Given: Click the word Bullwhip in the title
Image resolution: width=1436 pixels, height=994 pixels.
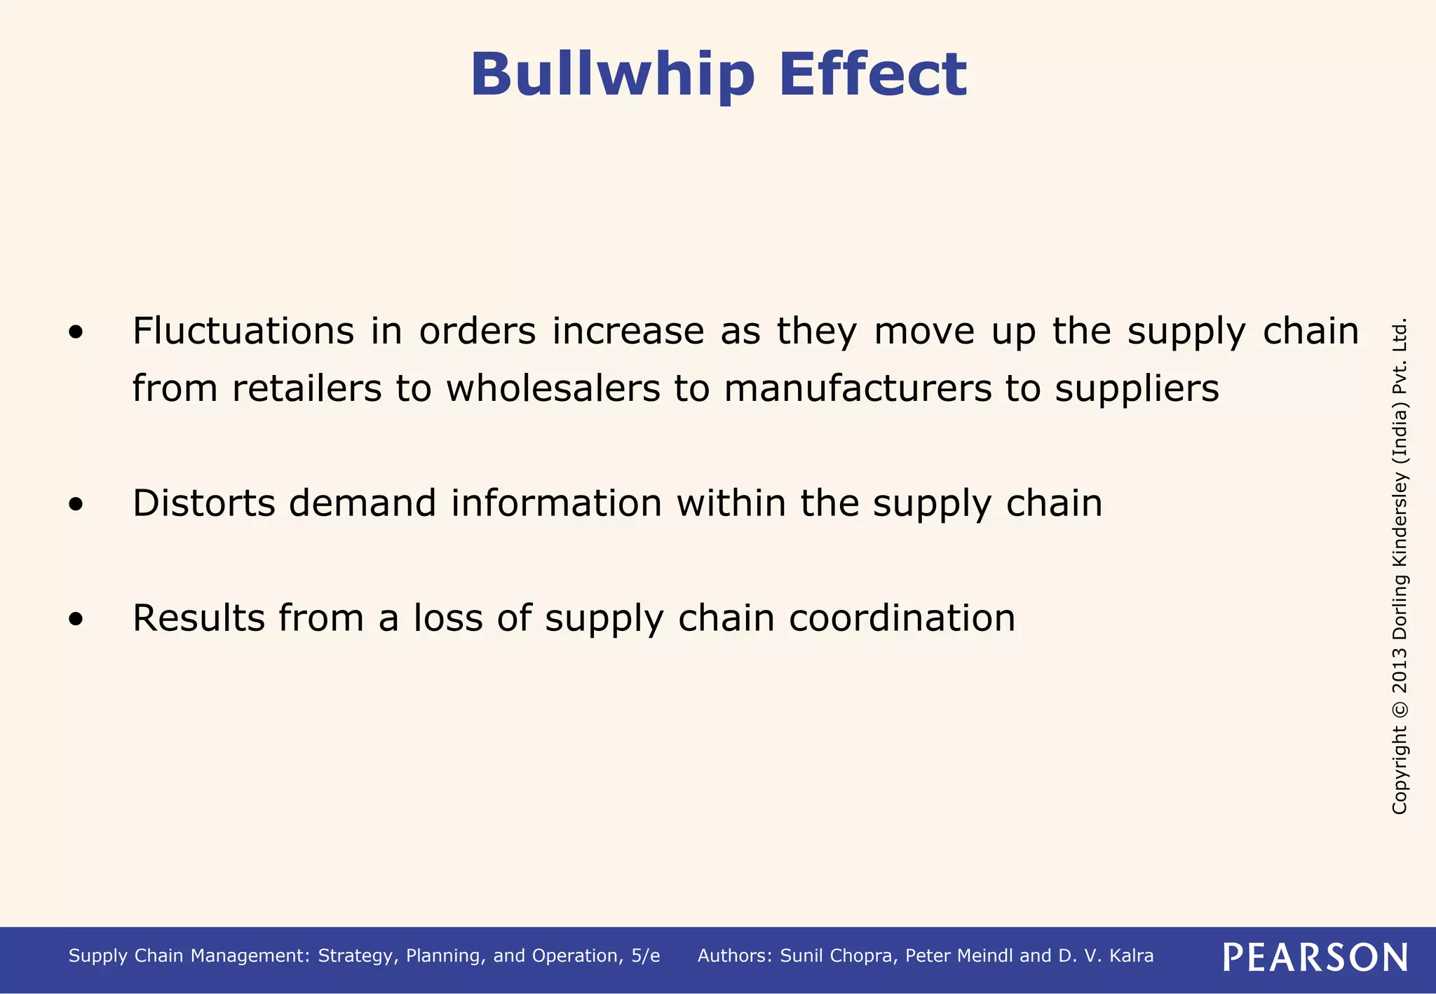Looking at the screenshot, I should [x=612, y=75].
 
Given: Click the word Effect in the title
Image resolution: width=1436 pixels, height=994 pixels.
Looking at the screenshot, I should [x=872, y=74].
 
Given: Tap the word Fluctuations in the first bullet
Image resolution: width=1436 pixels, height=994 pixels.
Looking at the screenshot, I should [x=243, y=331].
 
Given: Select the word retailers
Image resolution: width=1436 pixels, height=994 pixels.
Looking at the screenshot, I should [x=306, y=388].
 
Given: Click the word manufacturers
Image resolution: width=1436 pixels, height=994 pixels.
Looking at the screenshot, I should [x=858, y=388].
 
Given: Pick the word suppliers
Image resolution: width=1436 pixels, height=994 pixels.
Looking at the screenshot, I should [x=1137, y=390].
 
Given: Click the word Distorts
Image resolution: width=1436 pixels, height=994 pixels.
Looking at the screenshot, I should [x=203, y=503].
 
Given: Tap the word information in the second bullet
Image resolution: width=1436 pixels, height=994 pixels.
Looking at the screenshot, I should [x=556, y=503].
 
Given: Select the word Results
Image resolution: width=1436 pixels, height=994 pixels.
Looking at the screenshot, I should [x=198, y=618].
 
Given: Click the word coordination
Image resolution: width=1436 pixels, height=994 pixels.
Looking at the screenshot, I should [x=902, y=618].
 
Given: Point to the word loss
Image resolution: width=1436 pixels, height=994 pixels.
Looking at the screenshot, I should [x=447, y=618].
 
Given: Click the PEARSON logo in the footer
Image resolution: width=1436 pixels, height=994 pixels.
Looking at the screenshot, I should [x=1315, y=958].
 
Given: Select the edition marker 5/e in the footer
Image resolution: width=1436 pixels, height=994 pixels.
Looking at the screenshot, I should [x=645, y=956].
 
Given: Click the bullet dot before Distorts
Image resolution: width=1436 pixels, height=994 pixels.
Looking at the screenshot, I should [x=76, y=504].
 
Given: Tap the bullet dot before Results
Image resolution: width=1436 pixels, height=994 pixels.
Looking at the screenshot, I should [x=76, y=619].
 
